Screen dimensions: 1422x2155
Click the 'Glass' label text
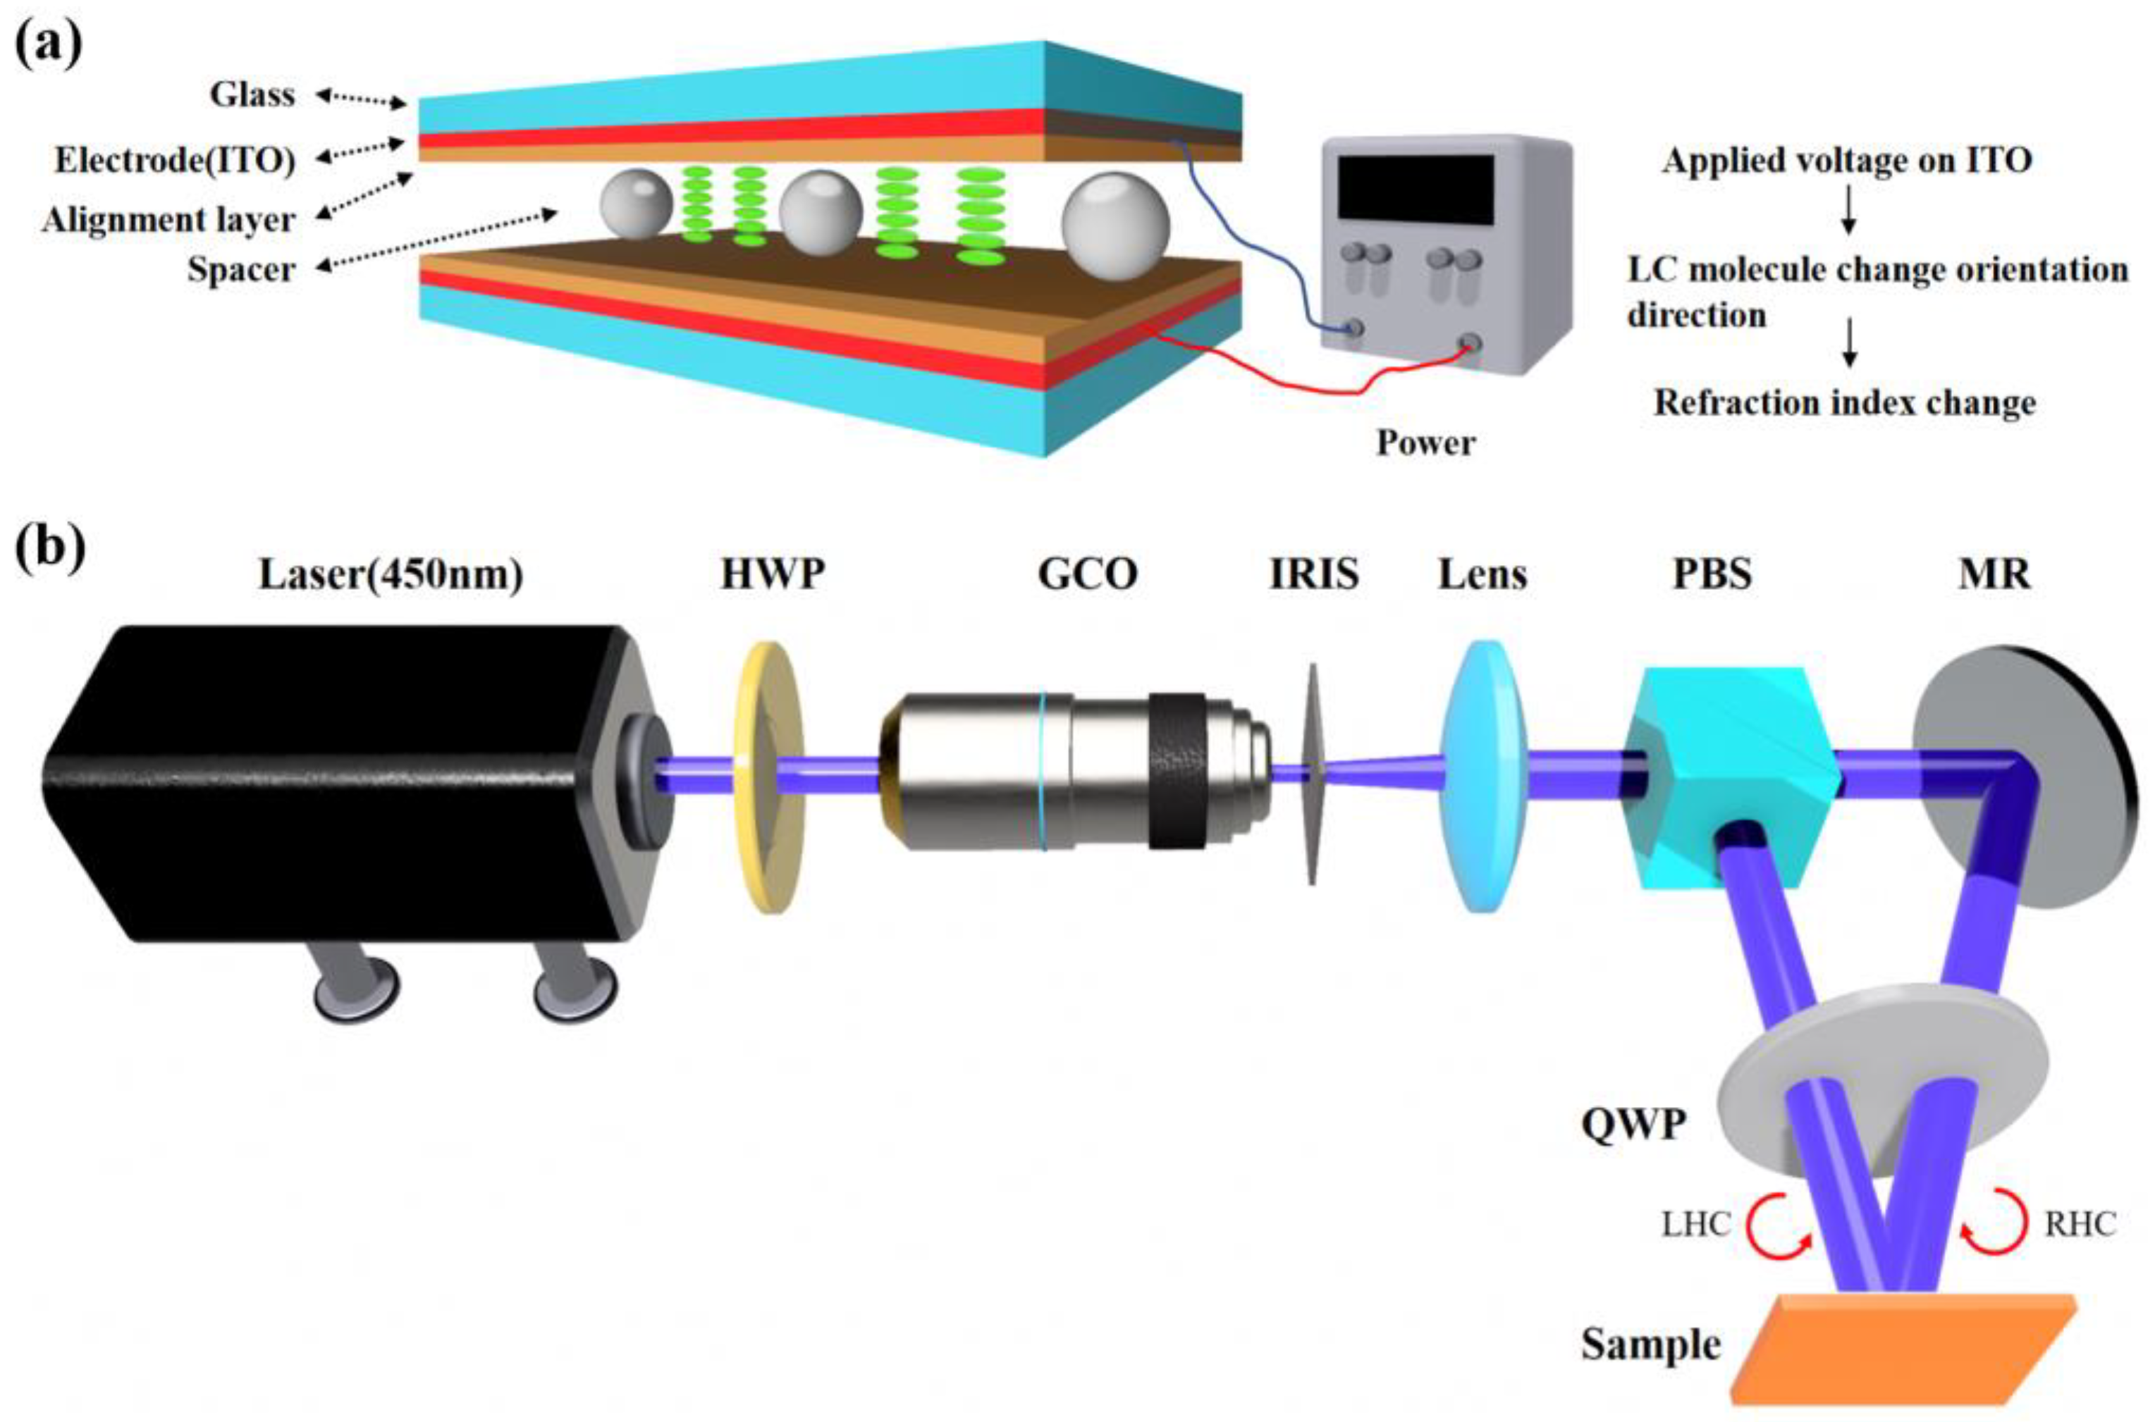(x=252, y=94)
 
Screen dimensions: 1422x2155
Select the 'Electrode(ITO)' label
(x=175, y=161)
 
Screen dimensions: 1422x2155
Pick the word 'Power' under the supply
(x=1426, y=443)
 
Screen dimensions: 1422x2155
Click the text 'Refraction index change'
(x=1845, y=402)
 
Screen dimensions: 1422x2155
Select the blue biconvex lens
(x=1483, y=777)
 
